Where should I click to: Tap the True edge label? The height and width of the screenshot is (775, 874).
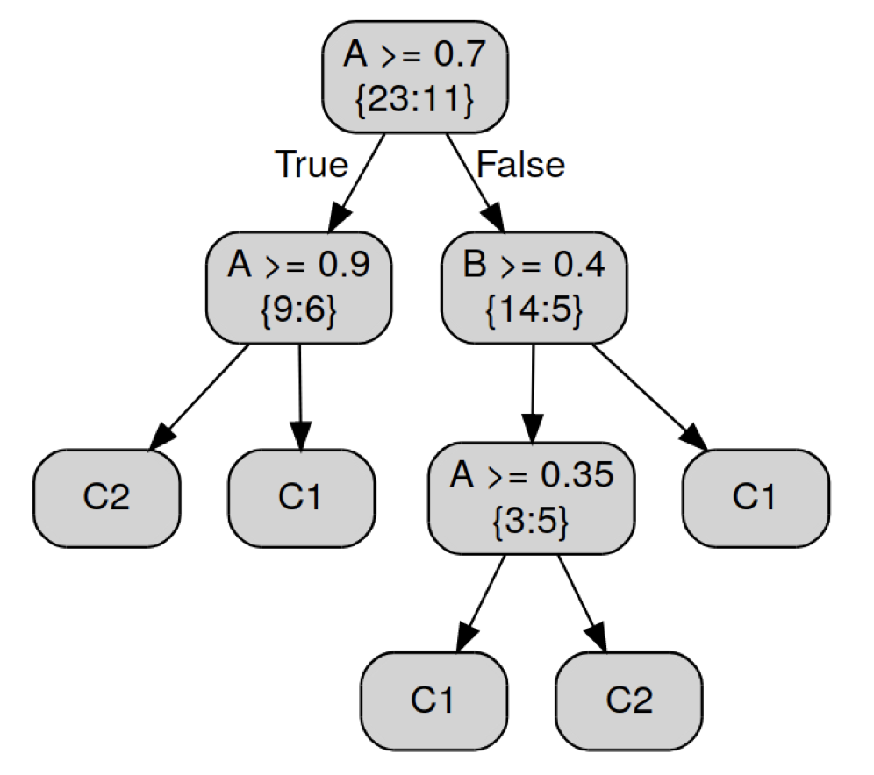coord(312,164)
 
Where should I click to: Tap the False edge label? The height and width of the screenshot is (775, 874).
coord(520,164)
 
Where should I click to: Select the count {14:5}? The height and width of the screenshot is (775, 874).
coord(534,311)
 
